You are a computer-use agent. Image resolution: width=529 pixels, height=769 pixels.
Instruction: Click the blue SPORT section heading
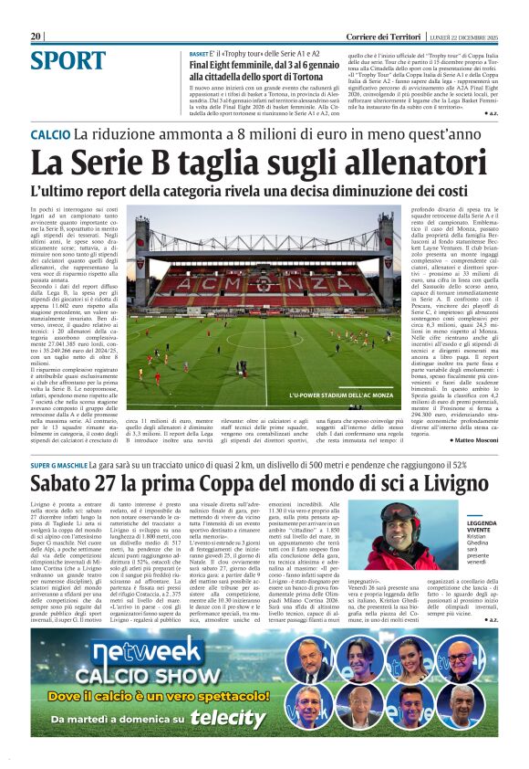click(x=68, y=61)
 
